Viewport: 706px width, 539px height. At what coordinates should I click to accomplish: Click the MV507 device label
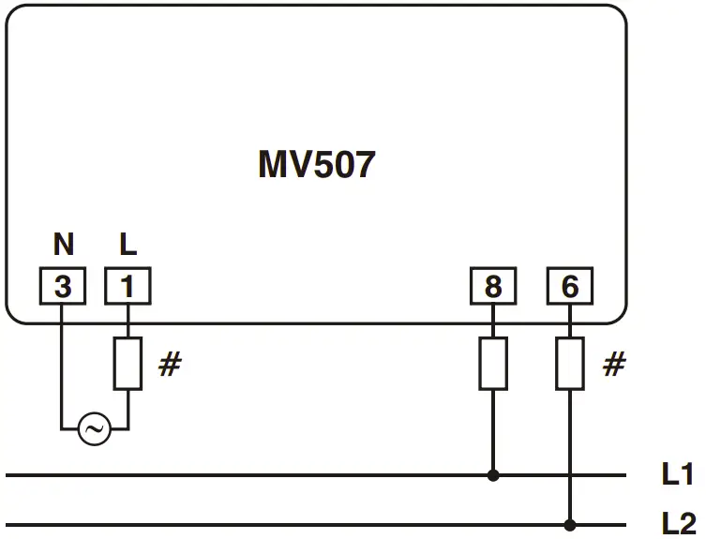pos(316,166)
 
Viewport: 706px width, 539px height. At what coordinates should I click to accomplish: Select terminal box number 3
pos(62,287)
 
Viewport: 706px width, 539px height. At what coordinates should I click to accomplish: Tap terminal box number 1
pos(127,287)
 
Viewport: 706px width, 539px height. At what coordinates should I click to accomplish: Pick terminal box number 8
pos(492,287)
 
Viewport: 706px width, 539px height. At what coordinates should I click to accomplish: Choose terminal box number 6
pos(569,287)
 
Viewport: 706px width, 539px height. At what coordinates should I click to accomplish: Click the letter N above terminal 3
pos(63,246)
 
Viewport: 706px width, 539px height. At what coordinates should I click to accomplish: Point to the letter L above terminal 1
pos(128,246)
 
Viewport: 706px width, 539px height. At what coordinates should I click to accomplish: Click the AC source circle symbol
pos(94,430)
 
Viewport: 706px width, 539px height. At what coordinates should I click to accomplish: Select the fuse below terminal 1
pos(127,364)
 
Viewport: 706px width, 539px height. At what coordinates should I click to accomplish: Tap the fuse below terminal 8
pos(493,364)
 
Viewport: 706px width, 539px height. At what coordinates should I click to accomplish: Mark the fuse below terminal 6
pos(569,364)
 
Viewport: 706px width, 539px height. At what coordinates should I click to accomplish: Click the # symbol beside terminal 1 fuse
pos(169,365)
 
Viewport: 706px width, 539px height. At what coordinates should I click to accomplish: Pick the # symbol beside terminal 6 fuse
pos(613,365)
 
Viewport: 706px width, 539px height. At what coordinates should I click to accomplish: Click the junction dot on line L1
pos(493,475)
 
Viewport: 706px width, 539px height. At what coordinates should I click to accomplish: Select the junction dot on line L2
pos(569,524)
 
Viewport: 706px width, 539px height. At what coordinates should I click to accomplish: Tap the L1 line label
pos(677,475)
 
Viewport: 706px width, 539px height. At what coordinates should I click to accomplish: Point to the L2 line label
pos(678,524)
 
